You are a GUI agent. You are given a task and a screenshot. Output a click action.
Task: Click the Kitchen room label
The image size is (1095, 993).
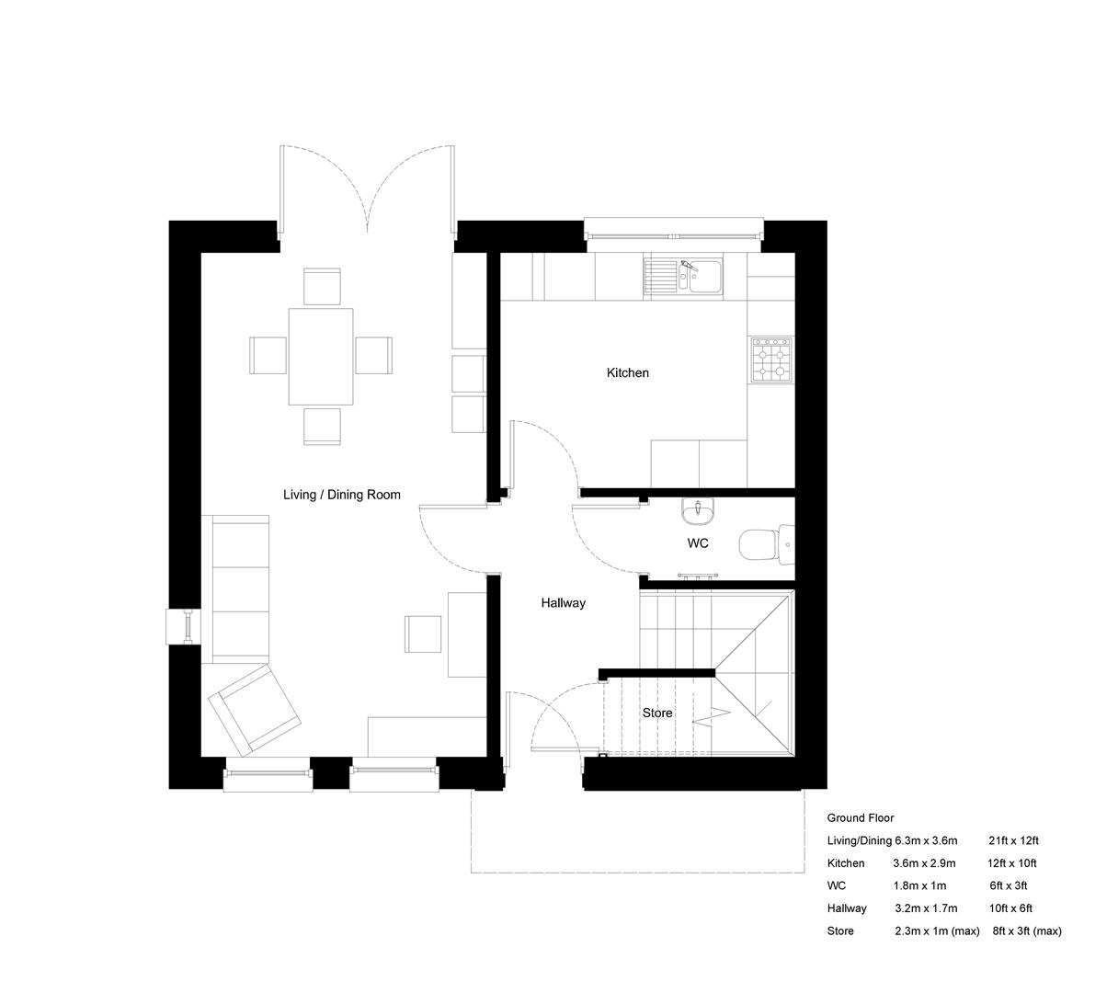[x=627, y=373]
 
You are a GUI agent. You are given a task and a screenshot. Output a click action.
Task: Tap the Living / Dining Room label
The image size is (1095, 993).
[x=341, y=495]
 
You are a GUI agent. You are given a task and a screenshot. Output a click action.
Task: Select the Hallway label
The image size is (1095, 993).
[x=563, y=604]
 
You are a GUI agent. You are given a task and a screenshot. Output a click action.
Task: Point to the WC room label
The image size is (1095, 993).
[x=698, y=543]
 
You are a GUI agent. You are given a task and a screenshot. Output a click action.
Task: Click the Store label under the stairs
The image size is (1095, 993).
[x=656, y=713]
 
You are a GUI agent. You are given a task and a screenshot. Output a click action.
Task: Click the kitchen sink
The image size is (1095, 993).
[x=684, y=275]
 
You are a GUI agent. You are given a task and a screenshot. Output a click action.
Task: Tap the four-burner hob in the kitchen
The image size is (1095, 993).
[x=771, y=360]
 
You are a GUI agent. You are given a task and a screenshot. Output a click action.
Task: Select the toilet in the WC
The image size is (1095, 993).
[x=762, y=543]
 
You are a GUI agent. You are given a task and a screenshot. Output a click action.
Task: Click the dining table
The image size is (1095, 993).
[x=321, y=356]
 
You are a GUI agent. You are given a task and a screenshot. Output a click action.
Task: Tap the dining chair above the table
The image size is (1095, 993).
[x=322, y=286]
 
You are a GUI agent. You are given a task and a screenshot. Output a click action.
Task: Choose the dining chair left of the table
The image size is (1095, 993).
[x=268, y=355]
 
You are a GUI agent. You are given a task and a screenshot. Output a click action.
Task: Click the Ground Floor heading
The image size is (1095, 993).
[x=860, y=817]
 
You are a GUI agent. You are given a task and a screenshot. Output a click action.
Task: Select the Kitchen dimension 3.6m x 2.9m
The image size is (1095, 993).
[x=924, y=863]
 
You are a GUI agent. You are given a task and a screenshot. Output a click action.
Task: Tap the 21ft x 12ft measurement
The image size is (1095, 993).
[x=1013, y=840]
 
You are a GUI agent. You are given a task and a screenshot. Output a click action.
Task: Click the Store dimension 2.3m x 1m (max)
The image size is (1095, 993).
[x=937, y=931]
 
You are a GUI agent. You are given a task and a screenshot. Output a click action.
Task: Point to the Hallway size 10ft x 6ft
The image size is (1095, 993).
[x=1011, y=908]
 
